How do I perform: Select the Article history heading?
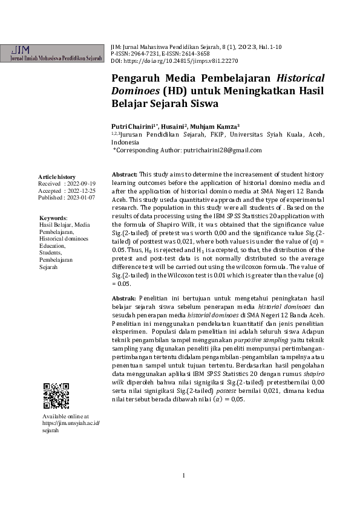point(57,177)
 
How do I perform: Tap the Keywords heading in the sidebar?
point(53,218)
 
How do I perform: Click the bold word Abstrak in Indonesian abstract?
point(124,299)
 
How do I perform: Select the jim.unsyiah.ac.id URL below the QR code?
point(70,423)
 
